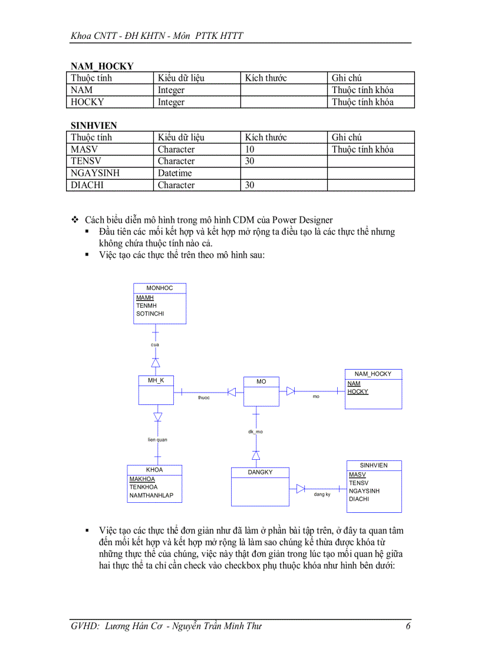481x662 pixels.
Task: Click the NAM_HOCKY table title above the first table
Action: [102, 66]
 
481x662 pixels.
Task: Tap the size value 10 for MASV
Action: [250, 150]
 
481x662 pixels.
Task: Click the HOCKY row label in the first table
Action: [87, 102]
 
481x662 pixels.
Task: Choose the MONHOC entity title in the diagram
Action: [160, 288]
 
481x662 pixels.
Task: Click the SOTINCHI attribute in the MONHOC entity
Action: [150, 314]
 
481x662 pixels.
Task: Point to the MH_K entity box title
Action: [156, 381]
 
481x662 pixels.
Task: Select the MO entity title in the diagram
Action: [261, 382]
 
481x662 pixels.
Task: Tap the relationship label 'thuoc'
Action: [203, 397]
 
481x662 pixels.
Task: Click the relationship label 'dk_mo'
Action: [255, 432]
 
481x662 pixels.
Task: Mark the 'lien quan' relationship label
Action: [157, 440]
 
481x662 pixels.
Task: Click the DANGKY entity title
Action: [260, 472]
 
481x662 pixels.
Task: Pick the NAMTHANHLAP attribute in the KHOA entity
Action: [151, 496]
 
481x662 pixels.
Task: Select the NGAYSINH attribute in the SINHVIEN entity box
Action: [364, 491]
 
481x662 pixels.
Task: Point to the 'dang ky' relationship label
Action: [322, 495]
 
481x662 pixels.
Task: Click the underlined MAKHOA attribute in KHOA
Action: [142, 479]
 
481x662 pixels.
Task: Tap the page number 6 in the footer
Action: [408, 626]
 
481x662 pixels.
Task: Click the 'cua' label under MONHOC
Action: [154, 344]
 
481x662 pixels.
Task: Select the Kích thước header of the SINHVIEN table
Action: [266, 137]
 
